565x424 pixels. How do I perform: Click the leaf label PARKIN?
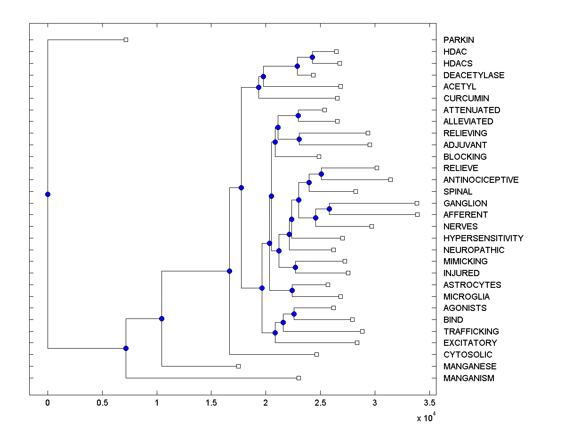click(459, 40)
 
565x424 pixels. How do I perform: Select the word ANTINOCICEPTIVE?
click(481, 180)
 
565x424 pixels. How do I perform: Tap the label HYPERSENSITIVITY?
click(483, 238)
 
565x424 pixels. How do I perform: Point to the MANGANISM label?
click(468, 378)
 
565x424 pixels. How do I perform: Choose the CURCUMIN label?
click(466, 98)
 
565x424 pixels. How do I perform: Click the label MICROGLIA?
click(466, 297)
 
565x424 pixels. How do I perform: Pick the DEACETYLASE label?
click(474, 75)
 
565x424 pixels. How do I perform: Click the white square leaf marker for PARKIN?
click(126, 40)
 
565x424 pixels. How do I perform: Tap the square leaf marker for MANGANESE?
click(238, 366)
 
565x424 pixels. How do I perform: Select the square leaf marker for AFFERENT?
click(417, 214)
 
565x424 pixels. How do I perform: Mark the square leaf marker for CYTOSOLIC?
click(316, 354)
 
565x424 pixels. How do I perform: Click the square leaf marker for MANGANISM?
click(299, 378)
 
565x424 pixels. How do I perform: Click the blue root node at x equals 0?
click(48, 194)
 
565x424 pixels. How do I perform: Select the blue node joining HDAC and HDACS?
click(312, 57)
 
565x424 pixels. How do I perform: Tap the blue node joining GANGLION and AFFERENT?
click(330, 209)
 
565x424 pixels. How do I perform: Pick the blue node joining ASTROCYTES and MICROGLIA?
click(292, 290)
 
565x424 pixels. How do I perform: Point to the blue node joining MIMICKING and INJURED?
click(295, 267)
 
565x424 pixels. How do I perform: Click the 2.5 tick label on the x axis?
click(320, 403)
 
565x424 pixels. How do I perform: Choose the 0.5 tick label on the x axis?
click(102, 403)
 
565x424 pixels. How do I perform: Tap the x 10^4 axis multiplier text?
click(426, 417)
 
